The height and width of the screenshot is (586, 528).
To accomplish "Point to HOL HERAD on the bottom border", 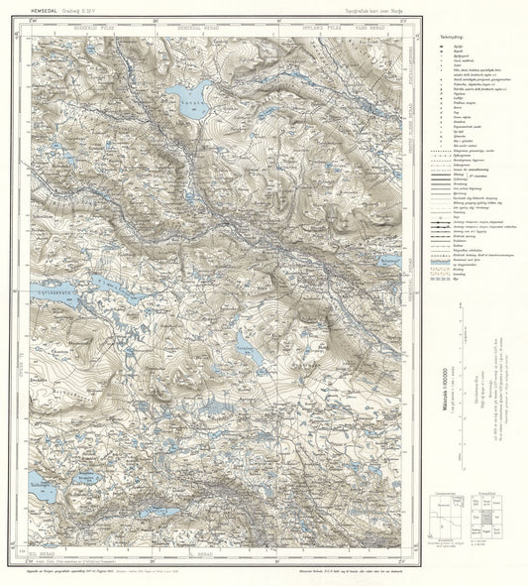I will click(x=50, y=558).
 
